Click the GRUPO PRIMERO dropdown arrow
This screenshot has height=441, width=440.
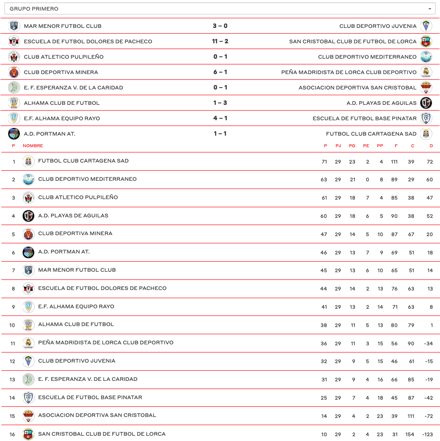(x=430, y=9)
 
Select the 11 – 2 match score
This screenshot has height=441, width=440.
(x=220, y=41)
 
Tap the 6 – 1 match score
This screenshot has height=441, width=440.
(x=220, y=72)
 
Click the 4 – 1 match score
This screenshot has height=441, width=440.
(x=220, y=118)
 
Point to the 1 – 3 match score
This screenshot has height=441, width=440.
(x=220, y=103)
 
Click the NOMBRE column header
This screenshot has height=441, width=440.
(x=33, y=146)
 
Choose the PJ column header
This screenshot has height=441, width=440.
(x=338, y=146)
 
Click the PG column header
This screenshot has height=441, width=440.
(x=352, y=146)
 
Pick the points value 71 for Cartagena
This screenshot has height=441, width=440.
(x=324, y=162)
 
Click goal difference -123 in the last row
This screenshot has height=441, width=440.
(x=427, y=434)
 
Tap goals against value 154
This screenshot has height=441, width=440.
(x=410, y=434)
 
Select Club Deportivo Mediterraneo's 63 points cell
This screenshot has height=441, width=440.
(x=324, y=180)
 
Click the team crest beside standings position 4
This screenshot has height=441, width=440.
(x=28, y=216)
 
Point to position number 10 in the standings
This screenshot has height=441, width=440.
(x=13, y=325)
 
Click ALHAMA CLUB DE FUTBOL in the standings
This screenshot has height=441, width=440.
(x=76, y=325)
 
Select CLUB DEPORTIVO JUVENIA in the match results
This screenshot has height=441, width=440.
(x=378, y=26)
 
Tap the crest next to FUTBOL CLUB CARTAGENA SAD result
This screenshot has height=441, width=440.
(x=426, y=134)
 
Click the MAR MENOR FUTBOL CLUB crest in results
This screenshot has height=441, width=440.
(x=14, y=26)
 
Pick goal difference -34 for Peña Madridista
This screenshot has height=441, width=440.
(x=427, y=343)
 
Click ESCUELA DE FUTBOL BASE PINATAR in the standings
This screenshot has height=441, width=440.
(x=90, y=398)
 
